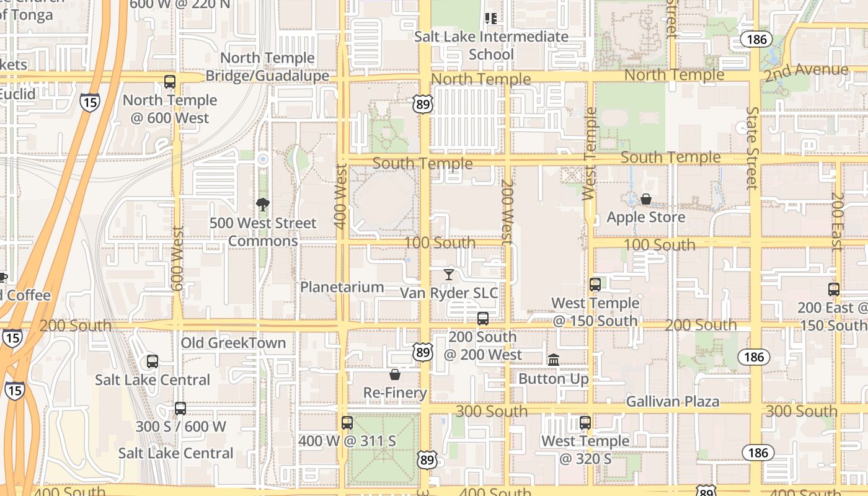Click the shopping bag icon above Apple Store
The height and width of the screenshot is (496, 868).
(645, 199)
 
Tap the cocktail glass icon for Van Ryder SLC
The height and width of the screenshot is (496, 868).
(449, 274)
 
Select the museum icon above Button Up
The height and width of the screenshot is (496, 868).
(554, 360)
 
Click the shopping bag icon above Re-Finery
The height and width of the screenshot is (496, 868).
(394, 374)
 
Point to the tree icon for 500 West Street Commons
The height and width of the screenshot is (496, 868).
(263, 205)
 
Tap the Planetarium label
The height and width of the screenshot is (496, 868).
(342, 287)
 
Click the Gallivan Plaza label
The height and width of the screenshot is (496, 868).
(673, 402)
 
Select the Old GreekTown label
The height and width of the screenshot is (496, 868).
(233, 343)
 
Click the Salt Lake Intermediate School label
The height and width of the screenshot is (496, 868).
(491, 45)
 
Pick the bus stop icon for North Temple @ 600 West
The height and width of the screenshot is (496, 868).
(170, 81)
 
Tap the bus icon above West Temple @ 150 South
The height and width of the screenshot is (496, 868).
(595, 285)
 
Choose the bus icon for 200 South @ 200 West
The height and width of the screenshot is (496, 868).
(482, 319)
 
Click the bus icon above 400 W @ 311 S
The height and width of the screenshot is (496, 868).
(347, 423)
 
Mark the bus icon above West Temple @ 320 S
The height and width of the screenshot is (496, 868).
(585, 423)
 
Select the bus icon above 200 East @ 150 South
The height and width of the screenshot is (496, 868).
(834, 289)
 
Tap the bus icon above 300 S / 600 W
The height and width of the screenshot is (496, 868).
(180, 409)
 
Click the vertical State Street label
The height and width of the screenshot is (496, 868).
(752, 148)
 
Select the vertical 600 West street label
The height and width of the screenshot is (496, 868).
(177, 259)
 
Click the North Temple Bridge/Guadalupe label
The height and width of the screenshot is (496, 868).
(267, 67)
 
